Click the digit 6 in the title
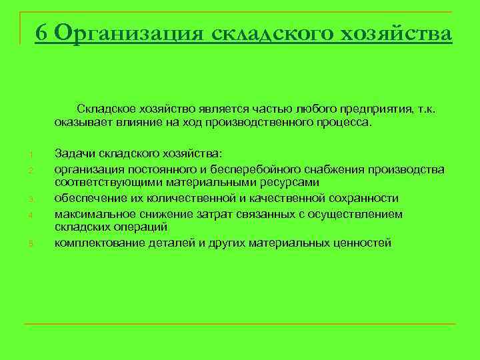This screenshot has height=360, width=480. point(43,33)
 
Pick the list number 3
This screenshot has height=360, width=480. point(31,199)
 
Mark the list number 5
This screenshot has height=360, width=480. point(31,244)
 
